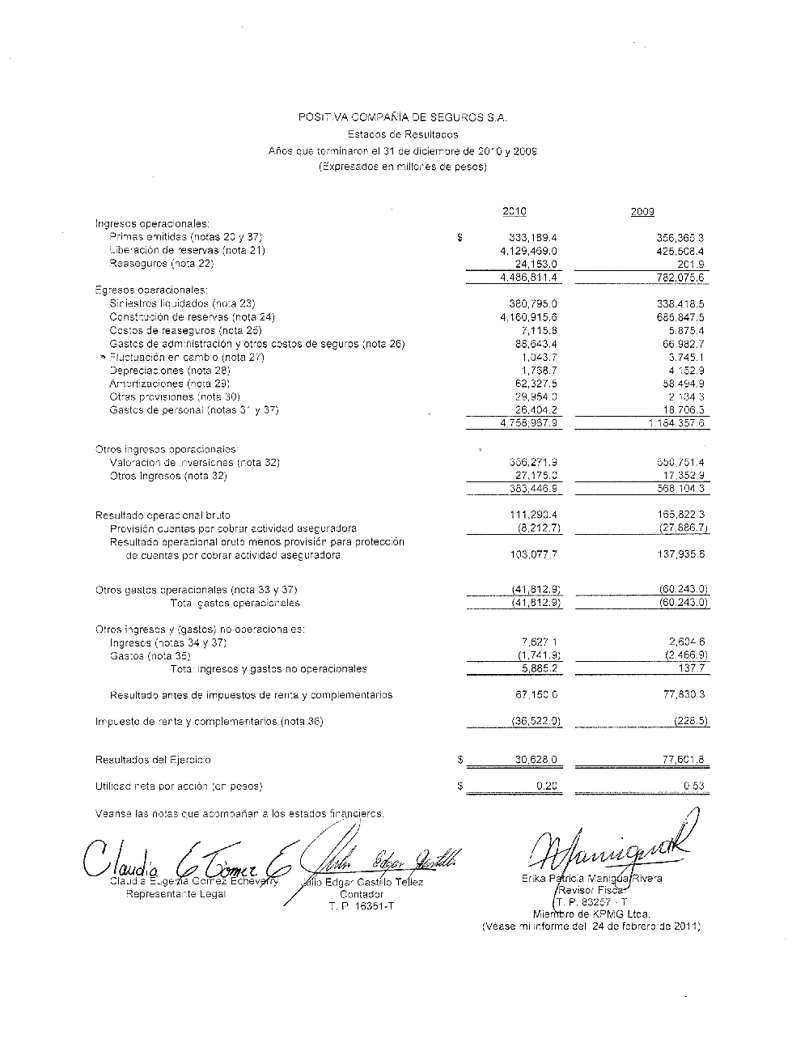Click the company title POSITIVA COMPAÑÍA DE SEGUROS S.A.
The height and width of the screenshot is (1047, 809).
click(x=403, y=118)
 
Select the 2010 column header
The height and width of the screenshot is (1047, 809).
click(x=514, y=211)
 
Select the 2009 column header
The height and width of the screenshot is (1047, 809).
click(x=642, y=211)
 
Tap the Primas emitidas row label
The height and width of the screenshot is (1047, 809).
click(x=185, y=237)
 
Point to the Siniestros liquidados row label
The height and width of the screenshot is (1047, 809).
click(x=182, y=303)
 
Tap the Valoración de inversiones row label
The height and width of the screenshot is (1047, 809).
click(x=194, y=463)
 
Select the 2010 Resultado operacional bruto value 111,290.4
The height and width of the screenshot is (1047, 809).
click(x=533, y=515)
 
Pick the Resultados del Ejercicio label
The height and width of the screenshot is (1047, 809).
click(x=153, y=760)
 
